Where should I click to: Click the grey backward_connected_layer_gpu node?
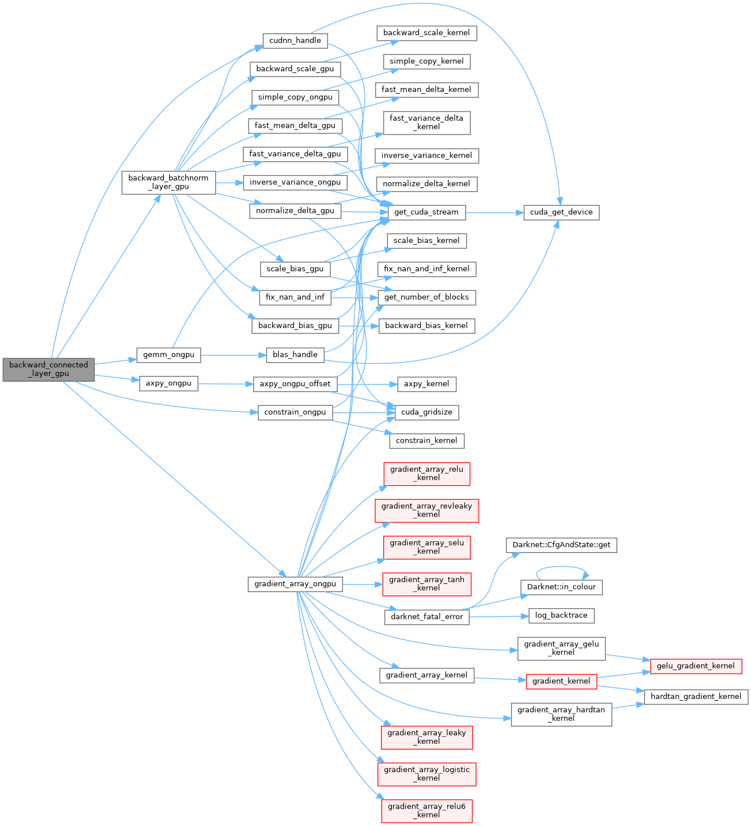[x=48, y=369]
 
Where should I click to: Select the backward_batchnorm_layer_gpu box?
[x=169, y=182]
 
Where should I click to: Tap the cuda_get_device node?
[x=561, y=212]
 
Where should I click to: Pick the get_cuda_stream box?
[x=426, y=212]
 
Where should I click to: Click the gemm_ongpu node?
[x=169, y=355]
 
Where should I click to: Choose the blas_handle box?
[x=295, y=355]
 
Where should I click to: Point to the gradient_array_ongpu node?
[x=295, y=584]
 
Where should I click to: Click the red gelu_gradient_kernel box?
[x=696, y=666]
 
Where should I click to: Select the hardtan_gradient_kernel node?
[x=696, y=697]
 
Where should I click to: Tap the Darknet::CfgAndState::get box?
[x=561, y=545]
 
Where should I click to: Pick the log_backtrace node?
[x=561, y=616]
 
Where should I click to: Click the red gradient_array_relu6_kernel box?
[x=426, y=810]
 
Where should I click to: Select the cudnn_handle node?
[x=295, y=41]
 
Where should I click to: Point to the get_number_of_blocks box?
[x=426, y=297]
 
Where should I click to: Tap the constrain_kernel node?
[x=426, y=441]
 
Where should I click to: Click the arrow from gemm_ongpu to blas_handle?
[x=233, y=355]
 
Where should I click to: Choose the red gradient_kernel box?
[x=561, y=681]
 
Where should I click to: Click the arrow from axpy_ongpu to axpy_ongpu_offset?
[x=226, y=383]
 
